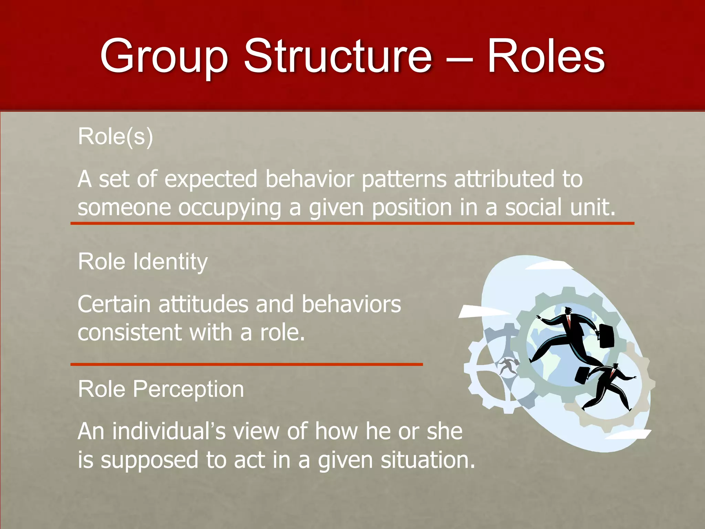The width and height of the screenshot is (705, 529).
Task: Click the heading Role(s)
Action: (x=115, y=137)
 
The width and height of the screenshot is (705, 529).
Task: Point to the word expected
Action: (x=211, y=180)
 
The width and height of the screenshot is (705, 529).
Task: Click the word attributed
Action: (x=504, y=179)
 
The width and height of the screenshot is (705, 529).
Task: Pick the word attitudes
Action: (x=203, y=304)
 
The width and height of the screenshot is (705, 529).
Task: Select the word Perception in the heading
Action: (x=188, y=390)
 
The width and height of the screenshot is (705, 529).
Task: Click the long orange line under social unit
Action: (x=352, y=224)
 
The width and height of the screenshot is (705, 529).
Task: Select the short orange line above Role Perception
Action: (x=246, y=364)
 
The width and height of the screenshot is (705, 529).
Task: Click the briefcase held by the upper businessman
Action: (x=607, y=335)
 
